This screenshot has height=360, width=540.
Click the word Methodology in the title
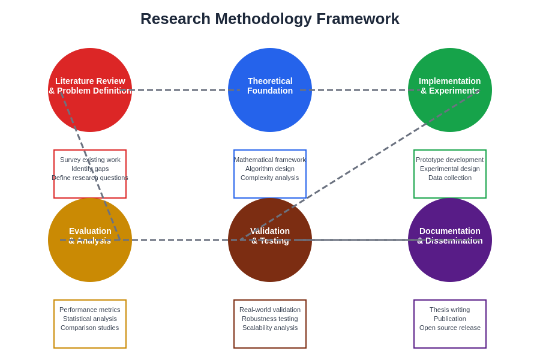pos(263,19)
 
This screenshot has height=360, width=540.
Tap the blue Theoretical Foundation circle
pos(270,111)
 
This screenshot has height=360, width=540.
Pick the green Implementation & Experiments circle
pos(450,111)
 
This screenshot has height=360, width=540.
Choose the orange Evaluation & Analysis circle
pos(90,261)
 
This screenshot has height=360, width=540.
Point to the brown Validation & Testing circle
pos(270,261)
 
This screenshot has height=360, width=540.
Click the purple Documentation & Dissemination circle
pos(450,261)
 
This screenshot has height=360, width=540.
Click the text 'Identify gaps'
pos(90,169)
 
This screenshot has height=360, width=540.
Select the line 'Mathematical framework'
pos(270,160)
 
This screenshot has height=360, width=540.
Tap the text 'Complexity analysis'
pos(270,178)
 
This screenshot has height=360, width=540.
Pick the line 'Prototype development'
pos(450,160)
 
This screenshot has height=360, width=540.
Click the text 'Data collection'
pos(450,178)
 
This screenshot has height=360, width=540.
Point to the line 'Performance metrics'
pos(90,310)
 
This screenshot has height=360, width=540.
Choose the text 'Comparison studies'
pos(90,328)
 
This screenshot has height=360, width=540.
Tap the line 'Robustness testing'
pos(270,319)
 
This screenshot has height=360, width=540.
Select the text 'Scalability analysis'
pos(270,328)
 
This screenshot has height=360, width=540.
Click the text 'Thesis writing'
pos(450,310)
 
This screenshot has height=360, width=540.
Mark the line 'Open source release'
pos(450,328)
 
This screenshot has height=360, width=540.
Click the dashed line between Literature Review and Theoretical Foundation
pos(180,90)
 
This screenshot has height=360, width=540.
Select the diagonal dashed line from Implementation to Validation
pos(360,165)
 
